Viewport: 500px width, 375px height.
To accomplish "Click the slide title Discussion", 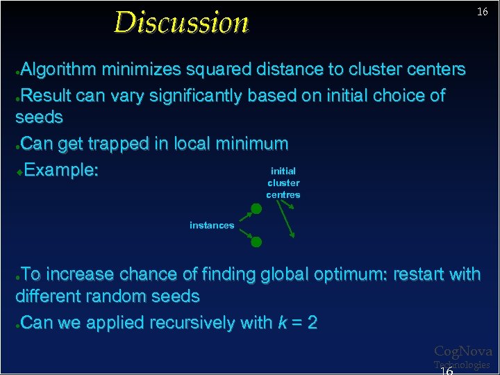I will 181,22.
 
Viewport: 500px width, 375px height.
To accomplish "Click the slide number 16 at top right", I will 482,12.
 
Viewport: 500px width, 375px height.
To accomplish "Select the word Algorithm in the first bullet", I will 59,69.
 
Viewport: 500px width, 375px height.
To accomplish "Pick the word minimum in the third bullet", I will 251,144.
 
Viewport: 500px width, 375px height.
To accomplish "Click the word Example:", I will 61,170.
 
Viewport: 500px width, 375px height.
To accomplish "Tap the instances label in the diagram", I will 212,225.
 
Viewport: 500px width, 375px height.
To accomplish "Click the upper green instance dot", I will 256,208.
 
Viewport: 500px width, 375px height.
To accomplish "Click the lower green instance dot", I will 256,242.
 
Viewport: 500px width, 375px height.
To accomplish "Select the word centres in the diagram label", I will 283,195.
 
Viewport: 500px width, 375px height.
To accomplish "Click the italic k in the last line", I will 283,323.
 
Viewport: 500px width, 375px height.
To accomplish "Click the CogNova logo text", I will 462,351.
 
